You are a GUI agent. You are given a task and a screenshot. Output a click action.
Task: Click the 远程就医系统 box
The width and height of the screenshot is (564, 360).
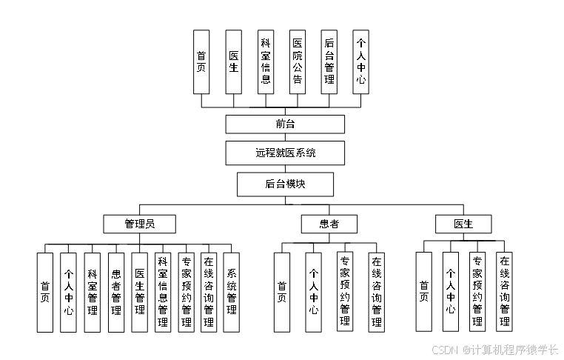tap(285, 153)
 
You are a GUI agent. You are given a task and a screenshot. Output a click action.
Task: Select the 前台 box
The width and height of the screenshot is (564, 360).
tap(285, 124)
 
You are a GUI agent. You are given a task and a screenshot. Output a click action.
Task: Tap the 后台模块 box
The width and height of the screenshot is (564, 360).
tap(285, 184)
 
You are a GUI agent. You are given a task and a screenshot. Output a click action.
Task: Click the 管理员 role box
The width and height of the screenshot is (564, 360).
tap(139, 224)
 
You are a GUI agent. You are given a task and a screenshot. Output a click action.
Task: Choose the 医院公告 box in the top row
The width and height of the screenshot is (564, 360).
tap(298, 61)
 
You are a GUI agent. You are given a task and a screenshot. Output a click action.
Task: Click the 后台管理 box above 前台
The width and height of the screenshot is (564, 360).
tap(329, 61)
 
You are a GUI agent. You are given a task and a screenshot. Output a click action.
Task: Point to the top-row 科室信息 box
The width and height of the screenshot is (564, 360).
tap(266, 61)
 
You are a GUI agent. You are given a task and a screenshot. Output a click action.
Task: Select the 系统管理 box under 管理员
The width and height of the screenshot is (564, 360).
tap(232, 292)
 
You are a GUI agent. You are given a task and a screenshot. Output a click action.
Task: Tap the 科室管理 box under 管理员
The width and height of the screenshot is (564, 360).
tap(92, 292)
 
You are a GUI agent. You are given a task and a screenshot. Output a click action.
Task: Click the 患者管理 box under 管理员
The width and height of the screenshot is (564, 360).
tap(116, 292)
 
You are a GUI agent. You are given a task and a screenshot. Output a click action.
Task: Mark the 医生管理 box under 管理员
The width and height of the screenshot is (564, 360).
tap(139, 292)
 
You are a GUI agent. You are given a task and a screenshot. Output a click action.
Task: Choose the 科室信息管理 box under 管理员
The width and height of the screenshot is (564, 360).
tap(163, 292)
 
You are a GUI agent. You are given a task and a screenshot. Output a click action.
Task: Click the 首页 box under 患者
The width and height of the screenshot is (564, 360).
tap(282, 292)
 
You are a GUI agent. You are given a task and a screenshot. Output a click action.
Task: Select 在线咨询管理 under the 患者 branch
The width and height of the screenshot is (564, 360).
tap(377, 292)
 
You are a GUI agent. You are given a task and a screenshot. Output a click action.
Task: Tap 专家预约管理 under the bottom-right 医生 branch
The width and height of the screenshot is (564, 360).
tap(477, 292)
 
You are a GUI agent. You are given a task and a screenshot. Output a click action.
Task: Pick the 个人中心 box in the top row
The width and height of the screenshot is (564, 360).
tap(361, 61)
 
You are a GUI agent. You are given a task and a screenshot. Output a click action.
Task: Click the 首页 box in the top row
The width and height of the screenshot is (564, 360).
tap(201, 61)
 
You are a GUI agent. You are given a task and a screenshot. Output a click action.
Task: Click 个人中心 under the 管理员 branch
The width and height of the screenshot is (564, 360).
tap(68, 292)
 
